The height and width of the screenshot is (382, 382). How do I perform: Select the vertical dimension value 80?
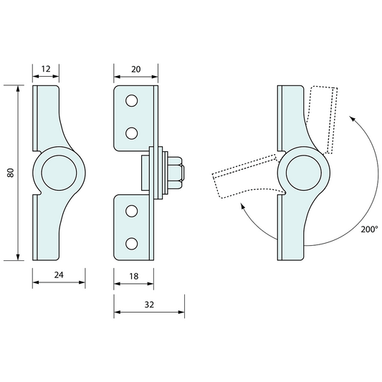point(10,173)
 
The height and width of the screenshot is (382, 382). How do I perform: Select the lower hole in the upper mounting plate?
point(131,133)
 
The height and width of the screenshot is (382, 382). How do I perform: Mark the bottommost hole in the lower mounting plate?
point(131,242)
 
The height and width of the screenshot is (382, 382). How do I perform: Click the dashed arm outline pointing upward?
point(326,119)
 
